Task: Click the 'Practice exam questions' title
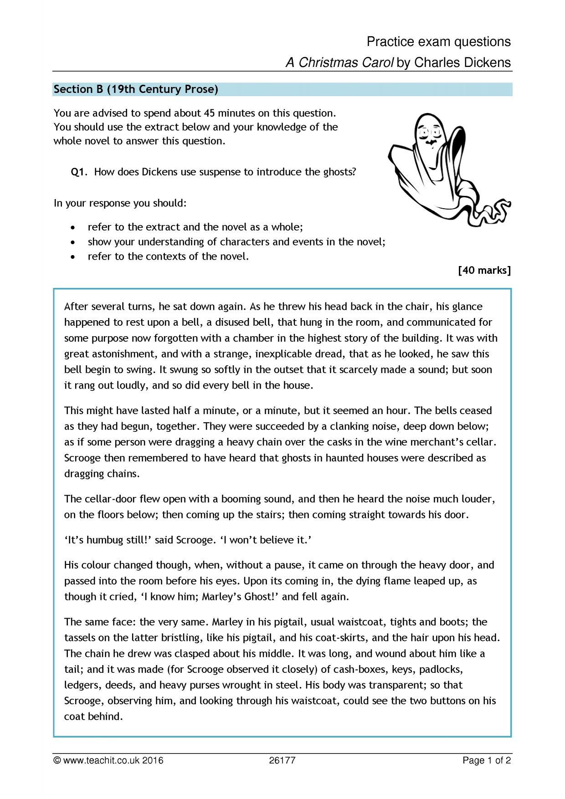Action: tap(438, 42)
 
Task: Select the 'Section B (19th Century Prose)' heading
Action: tap(136, 89)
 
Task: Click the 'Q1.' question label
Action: tap(79, 172)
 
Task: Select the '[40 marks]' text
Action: tap(484, 271)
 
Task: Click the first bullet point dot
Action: tap(73, 227)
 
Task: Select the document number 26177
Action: tap(282, 760)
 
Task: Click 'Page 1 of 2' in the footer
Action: tap(486, 760)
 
